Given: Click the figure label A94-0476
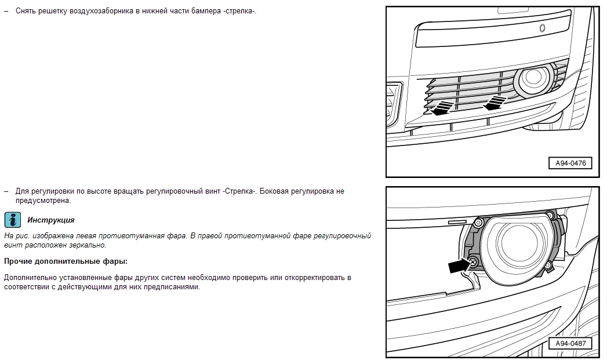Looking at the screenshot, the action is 570,163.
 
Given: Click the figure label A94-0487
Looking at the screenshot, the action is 570,343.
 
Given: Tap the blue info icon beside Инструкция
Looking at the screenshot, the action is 12,220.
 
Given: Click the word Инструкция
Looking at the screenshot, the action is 50,220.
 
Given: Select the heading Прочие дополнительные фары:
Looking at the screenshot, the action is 66,261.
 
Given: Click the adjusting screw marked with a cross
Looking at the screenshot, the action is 472,263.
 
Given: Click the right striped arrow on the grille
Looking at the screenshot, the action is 495,103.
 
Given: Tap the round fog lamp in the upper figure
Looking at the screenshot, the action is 533,81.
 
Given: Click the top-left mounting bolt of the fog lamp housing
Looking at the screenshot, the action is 479,222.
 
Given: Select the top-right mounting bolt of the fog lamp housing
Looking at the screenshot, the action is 549,215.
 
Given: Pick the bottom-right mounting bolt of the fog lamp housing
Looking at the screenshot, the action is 547,266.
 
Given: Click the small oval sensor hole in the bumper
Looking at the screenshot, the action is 542,28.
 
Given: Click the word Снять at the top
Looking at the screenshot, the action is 25,11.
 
